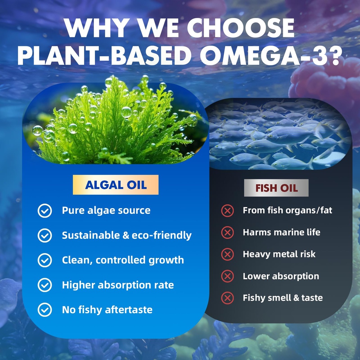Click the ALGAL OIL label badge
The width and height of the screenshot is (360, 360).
click(116, 185)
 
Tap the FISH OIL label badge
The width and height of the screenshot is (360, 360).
click(276, 188)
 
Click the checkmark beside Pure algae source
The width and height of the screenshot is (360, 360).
click(45, 211)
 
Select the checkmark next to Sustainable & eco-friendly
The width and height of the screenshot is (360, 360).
click(45, 236)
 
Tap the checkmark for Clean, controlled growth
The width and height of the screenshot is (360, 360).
click(45, 260)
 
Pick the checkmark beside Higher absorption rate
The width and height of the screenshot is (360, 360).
click(45, 285)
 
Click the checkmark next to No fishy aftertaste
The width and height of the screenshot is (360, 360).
click(45, 310)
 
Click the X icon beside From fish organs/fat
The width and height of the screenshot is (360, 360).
click(227, 211)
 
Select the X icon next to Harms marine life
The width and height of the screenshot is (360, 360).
click(227, 233)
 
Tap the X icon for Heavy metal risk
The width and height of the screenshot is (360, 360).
click(227, 255)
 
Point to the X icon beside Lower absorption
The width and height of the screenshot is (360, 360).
click(227, 276)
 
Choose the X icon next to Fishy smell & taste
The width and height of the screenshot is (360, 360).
click(227, 298)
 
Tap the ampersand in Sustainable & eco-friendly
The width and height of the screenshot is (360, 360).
click(126, 236)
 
